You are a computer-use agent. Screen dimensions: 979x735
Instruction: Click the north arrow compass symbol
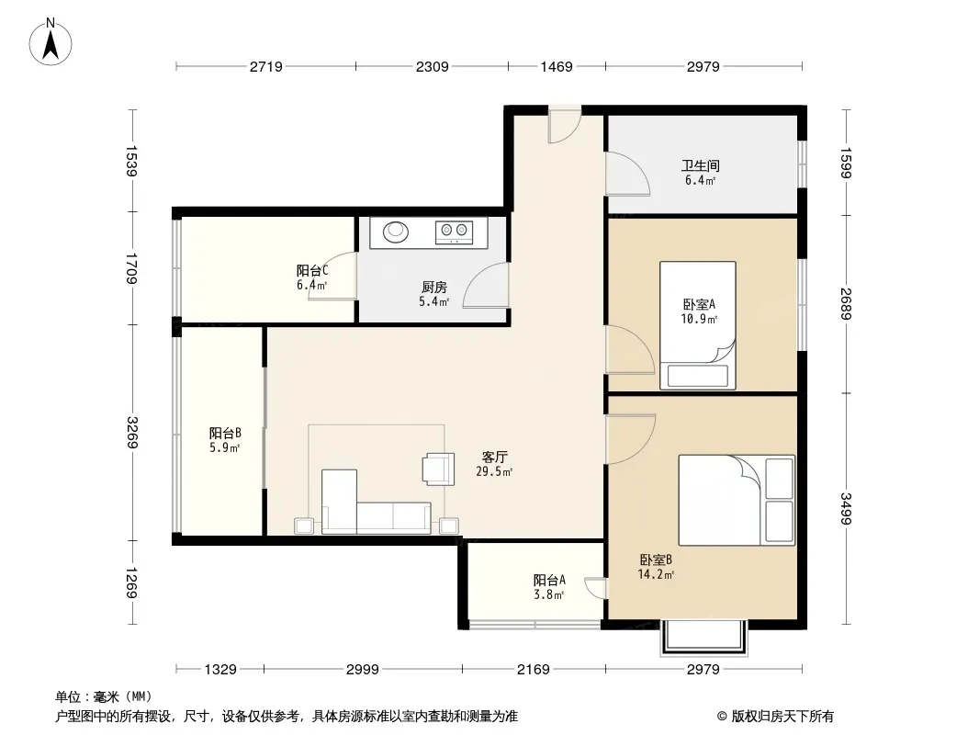pyautogui.click(x=51, y=42)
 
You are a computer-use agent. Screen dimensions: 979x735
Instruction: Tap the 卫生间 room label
pyautogui.click(x=700, y=165)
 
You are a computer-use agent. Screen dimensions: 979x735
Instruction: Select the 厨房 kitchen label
pyautogui.click(x=433, y=288)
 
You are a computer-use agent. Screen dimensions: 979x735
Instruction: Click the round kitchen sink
pyautogui.click(x=395, y=232)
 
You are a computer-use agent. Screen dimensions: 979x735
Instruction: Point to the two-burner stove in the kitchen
pyautogui.click(x=454, y=232)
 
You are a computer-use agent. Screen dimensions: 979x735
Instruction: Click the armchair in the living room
pyautogui.click(x=439, y=469)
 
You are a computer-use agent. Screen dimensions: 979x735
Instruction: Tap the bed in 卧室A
pyautogui.click(x=697, y=325)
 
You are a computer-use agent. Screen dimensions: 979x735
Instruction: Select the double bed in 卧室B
pyautogui.click(x=737, y=500)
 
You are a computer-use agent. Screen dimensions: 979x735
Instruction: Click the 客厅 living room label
pyautogui.click(x=494, y=458)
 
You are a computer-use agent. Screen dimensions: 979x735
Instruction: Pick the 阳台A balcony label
pyautogui.click(x=549, y=580)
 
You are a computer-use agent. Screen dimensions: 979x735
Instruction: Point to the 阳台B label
pyautogui.click(x=225, y=434)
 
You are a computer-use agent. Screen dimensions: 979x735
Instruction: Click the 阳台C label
pyautogui.click(x=312, y=270)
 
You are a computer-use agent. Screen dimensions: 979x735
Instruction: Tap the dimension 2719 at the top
pyautogui.click(x=266, y=66)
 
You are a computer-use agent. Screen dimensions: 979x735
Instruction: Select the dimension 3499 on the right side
pyautogui.click(x=846, y=509)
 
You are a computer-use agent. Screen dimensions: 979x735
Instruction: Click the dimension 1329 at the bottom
pyautogui.click(x=220, y=670)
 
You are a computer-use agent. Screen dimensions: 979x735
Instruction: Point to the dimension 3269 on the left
pyautogui.click(x=132, y=432)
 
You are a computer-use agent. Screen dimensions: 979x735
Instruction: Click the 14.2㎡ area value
pyautogui.click(x=656, y=574)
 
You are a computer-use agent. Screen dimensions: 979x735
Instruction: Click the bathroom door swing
pyautogui.click(x=627, y=174)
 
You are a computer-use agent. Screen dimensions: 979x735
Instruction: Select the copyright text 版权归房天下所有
pyautogui.click(x=782, y=717)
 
